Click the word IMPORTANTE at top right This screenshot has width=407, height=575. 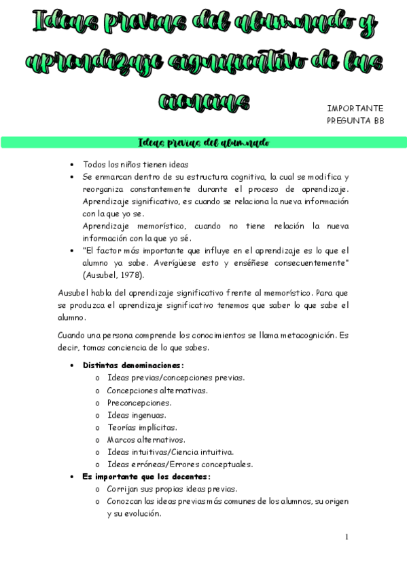click(355, 108)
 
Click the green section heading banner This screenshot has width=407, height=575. click(203, 142)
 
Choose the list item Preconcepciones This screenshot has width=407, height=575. click(139, 402)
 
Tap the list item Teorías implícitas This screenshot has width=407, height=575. click(141, 427)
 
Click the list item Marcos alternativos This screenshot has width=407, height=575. click(145, 439)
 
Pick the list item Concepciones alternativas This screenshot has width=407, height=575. click(157, 390)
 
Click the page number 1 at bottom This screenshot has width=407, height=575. click(347, 537)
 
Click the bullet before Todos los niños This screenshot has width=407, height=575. click(72, 165)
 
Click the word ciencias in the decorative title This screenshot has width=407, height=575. click(203, 102)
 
